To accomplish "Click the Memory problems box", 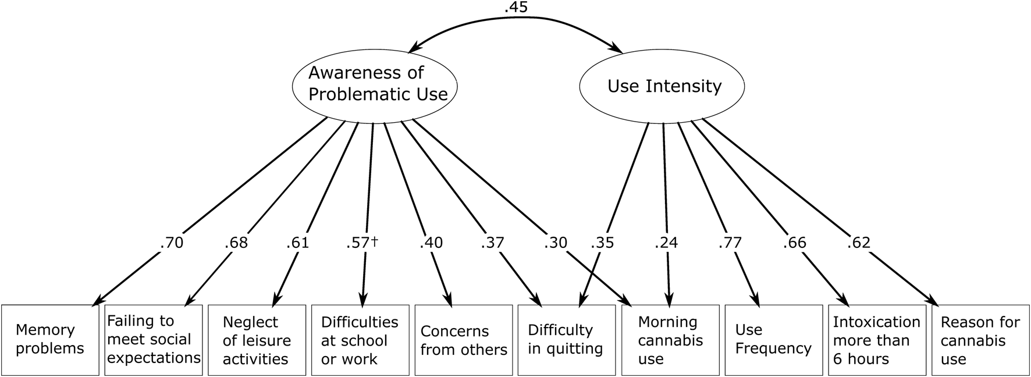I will click(50, 340).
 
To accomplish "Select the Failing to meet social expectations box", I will click(154, 340).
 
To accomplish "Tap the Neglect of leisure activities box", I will click(257, 340).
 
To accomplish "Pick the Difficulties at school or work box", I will click(360, 340).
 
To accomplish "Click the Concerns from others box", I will click(463, 340).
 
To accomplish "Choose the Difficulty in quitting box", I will click(566, 340).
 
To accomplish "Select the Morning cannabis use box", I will click(670, 340).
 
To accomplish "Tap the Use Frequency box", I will click(773, 340).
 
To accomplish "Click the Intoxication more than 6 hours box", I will click(876, 340).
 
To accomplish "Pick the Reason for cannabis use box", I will click(980, 340).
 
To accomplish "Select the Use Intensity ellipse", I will click(663, 87).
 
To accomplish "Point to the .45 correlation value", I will click(516, 9).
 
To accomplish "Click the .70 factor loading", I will click(171, 243).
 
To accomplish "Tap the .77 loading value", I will click(731, 243).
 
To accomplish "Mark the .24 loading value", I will click(666, 243).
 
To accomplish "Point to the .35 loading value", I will click(602, 243).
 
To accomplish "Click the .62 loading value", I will click(859, 243).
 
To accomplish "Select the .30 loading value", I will click(556, 243).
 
